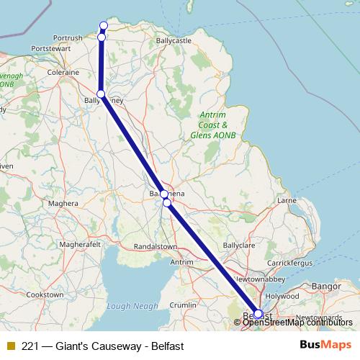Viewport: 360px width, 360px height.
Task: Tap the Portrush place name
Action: (68, 37)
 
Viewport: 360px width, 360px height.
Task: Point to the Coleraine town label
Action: (63, 73)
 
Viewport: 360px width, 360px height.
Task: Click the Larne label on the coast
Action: (287, 200)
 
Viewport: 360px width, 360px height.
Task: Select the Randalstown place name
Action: (155, 246)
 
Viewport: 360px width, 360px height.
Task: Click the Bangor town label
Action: (328, 286)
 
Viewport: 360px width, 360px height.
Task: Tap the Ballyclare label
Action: (240, 246)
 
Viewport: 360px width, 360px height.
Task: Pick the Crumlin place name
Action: (184, 305)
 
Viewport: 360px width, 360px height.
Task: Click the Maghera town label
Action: (63, 204)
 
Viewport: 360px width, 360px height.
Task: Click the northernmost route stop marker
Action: (102, 27)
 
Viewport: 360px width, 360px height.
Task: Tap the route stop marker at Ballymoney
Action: (101, 94)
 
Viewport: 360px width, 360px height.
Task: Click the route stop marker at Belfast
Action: (258, 314)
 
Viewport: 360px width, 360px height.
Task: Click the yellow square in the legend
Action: (11, 346)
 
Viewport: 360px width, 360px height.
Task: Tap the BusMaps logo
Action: (325, 346)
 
